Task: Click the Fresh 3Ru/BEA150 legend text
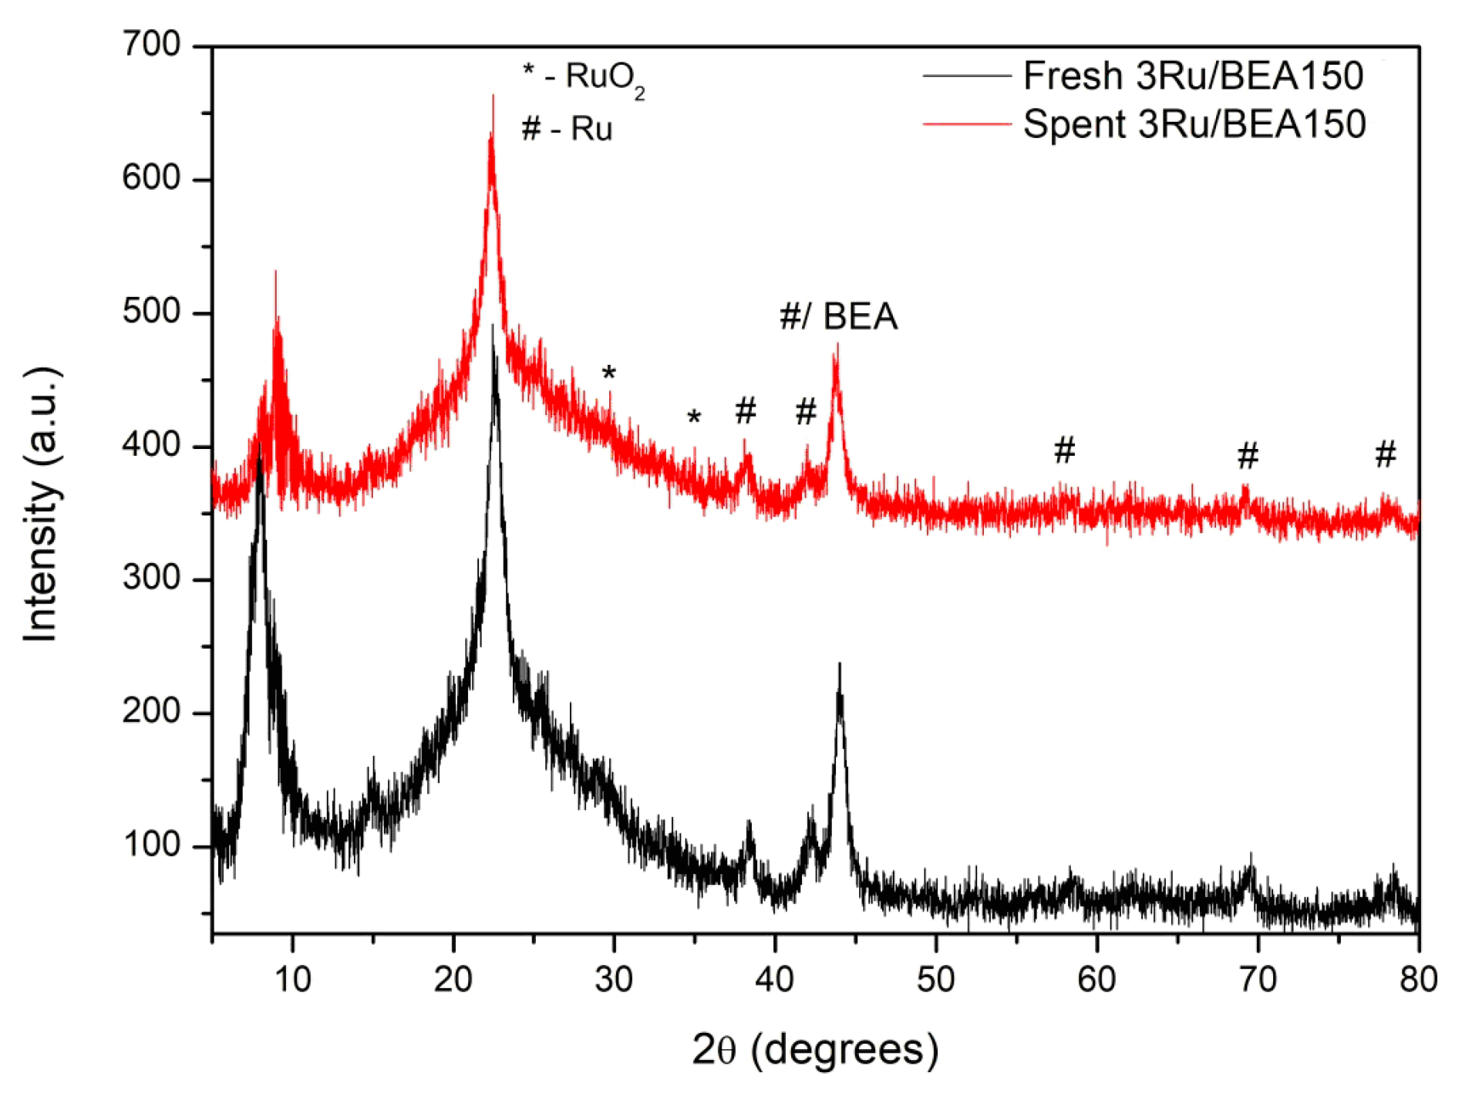pos(1192,76)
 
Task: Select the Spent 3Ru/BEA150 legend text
pos(1194,124)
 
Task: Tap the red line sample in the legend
pos(967,124)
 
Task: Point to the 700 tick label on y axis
pos(151,45)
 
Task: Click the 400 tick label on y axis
pos(151,445)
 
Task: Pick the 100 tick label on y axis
pos(151,845)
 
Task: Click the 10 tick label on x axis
pos(292,980)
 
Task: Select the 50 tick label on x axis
pos(935,980)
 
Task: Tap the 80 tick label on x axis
pos(1418,980)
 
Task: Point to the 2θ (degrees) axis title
pos(815,1050)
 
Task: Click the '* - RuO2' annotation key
pos(584,78)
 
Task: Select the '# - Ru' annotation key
pos(567,129)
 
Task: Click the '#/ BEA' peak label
pos(838,316)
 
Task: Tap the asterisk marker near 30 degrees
pos(608,374)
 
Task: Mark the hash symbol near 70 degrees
pos(1248,456)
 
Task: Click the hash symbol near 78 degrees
pos(1385,454)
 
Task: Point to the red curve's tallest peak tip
pos(493,96)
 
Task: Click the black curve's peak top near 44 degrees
pos(839,663)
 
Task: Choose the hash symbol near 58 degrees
pos(1064,450)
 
